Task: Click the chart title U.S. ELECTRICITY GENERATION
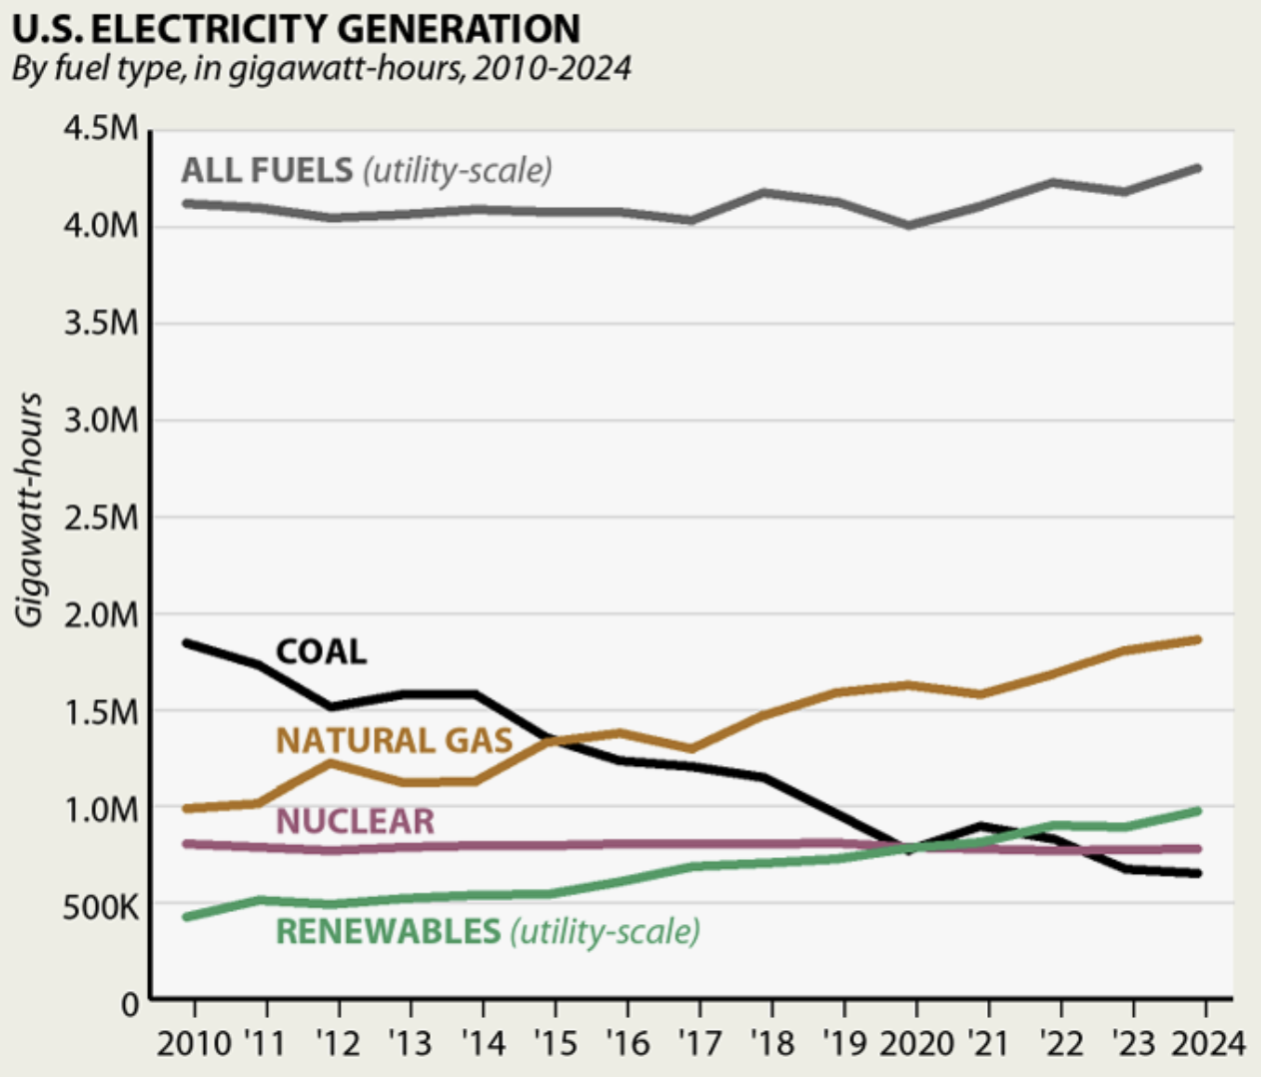296,28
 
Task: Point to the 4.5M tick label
101,129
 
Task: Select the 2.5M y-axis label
101,518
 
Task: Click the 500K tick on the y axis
101,907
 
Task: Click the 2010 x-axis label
194,1043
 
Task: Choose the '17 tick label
699,1043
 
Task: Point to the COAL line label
321,652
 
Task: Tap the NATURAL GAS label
394,740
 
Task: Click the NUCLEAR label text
355,821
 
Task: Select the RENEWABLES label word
388,931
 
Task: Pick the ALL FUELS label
267,170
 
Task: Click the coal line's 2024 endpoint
1198,873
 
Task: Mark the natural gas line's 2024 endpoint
1198,639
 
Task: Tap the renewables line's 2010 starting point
187,916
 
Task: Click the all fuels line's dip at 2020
909,225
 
